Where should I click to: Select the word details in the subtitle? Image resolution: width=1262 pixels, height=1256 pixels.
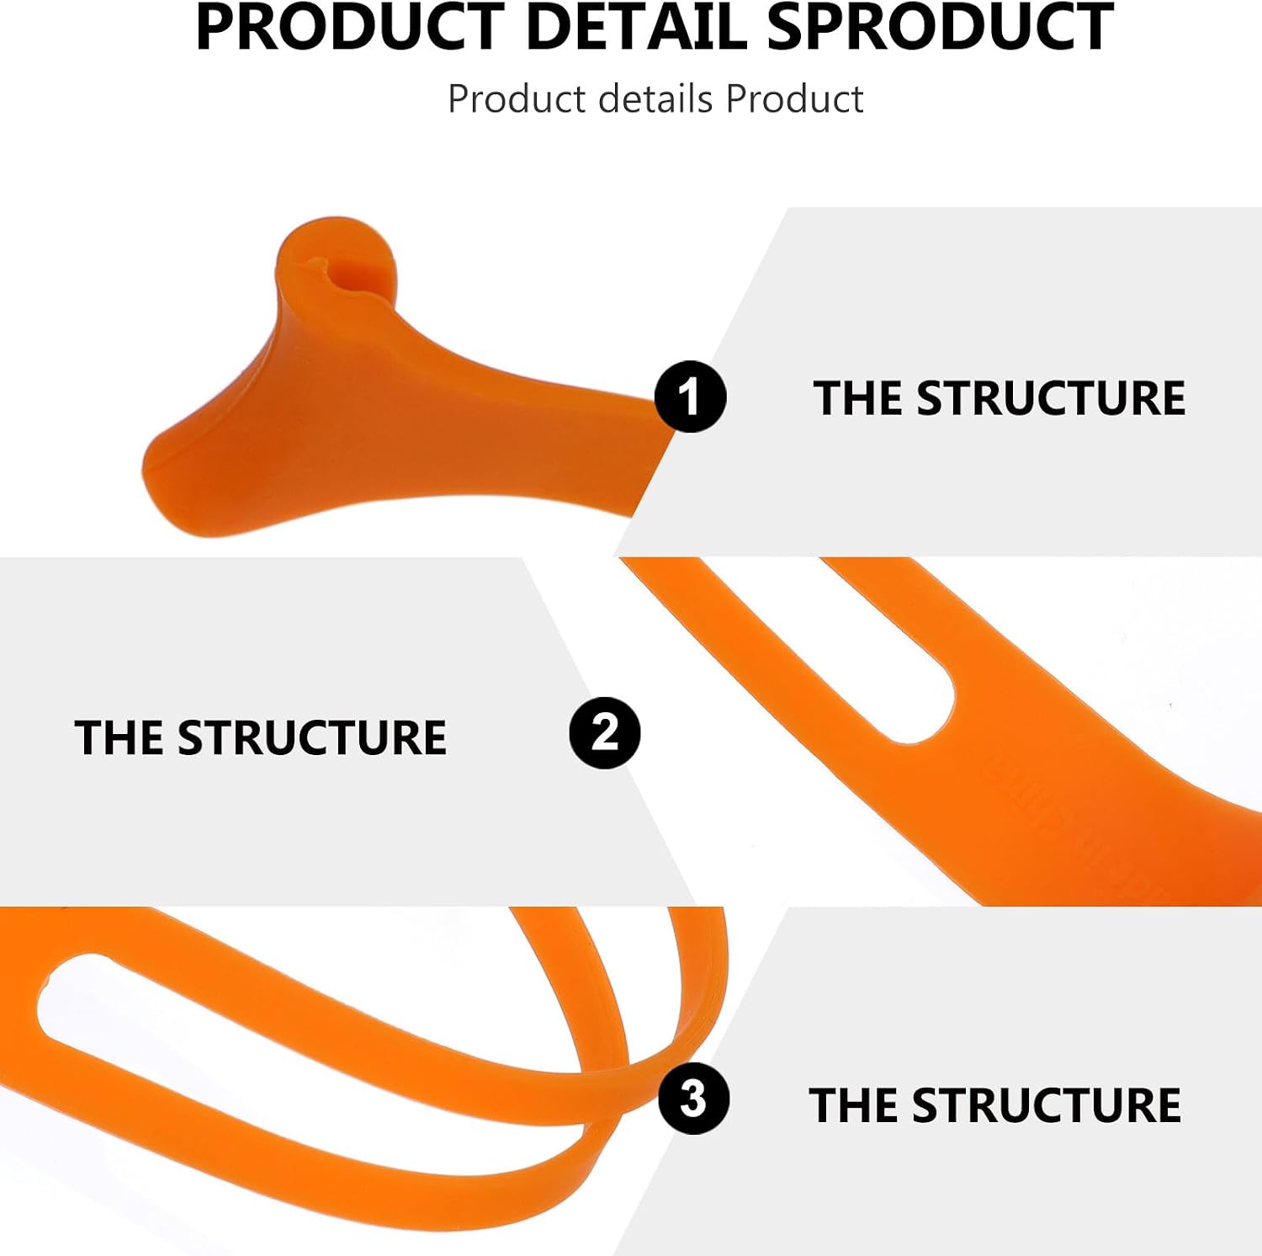click(656, 99)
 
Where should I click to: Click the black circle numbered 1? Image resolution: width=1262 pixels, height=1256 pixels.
click(691, 396)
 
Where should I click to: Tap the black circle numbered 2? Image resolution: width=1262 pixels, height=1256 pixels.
click(605, 732)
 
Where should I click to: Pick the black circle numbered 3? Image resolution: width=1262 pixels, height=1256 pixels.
click(693, 1098)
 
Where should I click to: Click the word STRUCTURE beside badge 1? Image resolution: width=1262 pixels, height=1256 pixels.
click(1051, 398)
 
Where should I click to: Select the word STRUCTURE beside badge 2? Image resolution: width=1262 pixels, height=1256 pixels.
click(312, 737)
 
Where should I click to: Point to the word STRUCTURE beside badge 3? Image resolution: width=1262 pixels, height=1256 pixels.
click(1047, 1105)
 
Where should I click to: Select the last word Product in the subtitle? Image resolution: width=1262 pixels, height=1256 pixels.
click(794, 99)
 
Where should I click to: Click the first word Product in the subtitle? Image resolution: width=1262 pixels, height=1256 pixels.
click(517, 99)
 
